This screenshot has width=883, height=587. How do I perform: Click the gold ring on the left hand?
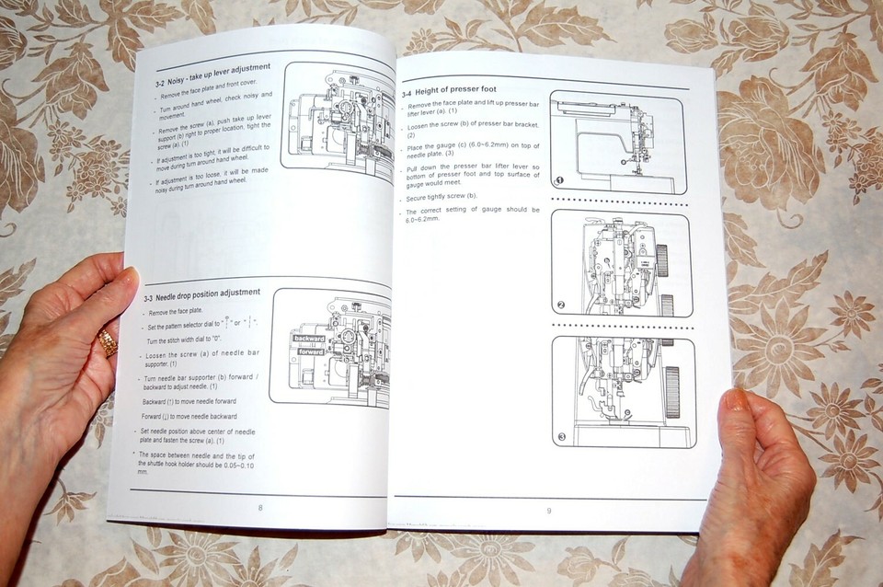pos(108,343)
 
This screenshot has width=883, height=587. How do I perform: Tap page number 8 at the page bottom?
pos(260,508)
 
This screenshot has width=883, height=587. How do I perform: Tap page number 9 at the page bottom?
pos(549,512)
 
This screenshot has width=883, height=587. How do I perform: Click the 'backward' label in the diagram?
pos(309,339)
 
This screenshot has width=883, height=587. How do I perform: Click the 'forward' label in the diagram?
pos(312,351)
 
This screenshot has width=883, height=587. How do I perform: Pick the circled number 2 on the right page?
pos(561,305)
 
